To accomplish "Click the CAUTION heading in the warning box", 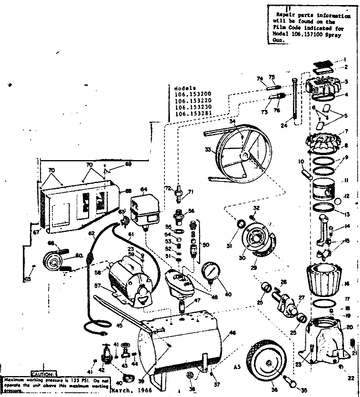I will click(x=42, y=375).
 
